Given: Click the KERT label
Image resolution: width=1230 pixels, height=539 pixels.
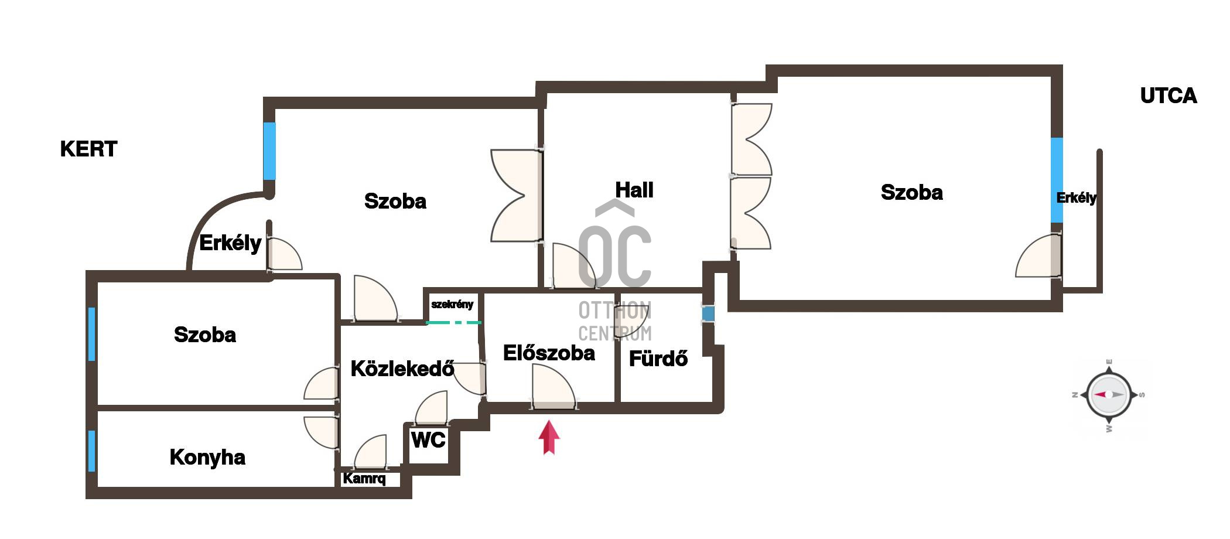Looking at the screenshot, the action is pos(88,149).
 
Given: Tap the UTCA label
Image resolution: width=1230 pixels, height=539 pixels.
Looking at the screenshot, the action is pos(1168,96).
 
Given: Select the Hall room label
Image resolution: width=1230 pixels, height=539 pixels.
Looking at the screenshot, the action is pos(634,190).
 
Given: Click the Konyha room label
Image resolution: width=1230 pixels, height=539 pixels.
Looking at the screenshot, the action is pos(207,458).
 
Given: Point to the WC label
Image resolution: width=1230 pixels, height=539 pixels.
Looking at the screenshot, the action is pos(428,440).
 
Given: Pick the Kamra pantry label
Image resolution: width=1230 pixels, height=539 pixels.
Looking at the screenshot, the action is pos(364,479).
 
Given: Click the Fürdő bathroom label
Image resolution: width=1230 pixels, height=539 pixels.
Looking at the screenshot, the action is pos(658,359).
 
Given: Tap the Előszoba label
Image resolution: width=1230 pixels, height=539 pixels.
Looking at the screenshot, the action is pos(549,353).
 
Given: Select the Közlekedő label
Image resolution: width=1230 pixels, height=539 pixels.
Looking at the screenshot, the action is pos(402,369).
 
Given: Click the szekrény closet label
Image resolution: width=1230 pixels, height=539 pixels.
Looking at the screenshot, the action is pos(452,305).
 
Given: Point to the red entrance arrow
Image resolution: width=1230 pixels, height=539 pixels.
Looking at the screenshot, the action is pos(549,438).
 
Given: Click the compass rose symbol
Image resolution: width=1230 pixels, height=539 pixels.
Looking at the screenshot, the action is pos(1109,395).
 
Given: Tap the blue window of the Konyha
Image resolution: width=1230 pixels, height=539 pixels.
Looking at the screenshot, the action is pos(92,451).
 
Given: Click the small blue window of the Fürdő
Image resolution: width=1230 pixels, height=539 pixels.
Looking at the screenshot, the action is pos(708,314).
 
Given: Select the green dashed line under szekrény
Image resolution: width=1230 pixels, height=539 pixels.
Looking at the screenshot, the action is pos(454,323).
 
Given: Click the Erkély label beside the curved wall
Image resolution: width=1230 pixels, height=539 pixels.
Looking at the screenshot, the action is pos(230,243).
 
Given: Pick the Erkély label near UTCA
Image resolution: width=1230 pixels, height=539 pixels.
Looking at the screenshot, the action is pos(1077,198).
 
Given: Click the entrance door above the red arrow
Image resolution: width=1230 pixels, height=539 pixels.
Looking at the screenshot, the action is pos(553,387).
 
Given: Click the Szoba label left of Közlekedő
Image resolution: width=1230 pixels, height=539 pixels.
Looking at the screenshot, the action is pos(205,335).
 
